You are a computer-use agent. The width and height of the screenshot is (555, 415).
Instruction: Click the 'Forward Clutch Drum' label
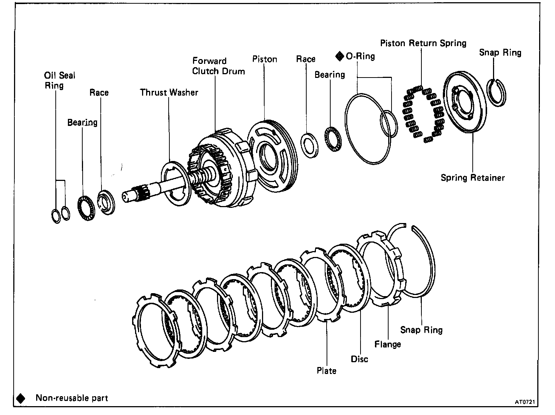tap(218, 66)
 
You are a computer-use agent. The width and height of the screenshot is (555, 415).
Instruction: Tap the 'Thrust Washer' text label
tap(169, 92)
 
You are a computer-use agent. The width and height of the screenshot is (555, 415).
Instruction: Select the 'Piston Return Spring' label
tap(423, 43)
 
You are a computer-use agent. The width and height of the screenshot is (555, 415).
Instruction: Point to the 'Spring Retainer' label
tap(473, 178)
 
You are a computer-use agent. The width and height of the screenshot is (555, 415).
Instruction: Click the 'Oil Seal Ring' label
tap(59, 80)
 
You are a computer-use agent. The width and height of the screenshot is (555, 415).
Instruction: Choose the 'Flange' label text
tap(387, 344)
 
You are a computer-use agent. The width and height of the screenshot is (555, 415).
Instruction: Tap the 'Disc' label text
tap(359, 359)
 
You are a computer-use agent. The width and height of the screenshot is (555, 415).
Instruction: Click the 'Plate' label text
tap(327, 370)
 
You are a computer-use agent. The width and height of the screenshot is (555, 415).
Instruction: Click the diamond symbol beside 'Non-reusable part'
tap(21, 398)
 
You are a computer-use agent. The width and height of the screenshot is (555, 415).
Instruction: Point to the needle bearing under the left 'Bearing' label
tap(86, 209)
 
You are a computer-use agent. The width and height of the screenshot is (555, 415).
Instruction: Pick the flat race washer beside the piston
tap(310, 145)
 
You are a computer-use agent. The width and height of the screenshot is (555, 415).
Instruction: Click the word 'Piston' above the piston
tap(265, 59)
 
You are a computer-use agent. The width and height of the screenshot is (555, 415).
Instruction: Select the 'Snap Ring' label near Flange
tap(421, 330)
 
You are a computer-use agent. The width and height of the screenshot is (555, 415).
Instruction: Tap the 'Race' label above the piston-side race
tap(306, 59)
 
